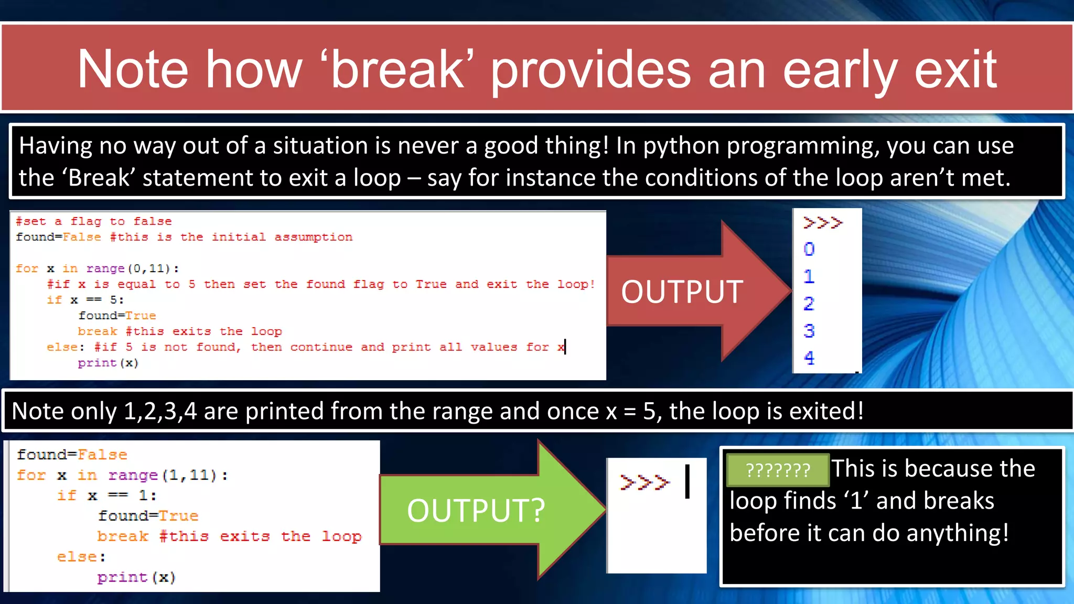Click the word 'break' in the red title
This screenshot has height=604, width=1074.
pos(397,70)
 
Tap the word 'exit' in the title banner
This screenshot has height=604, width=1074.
pos(955,70)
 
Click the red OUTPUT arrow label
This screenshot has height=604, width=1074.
pos(682,292)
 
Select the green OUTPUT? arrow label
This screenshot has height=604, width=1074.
pos(476,511)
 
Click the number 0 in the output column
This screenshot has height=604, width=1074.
pos(809,249)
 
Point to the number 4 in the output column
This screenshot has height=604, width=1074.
pos(809,358)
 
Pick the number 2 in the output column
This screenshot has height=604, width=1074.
pos(809,304)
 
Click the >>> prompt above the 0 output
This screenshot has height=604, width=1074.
pos(822,223)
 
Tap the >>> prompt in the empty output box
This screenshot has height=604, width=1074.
pos(645,482)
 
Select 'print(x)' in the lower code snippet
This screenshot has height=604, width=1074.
pos(136,577)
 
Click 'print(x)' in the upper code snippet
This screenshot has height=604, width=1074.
pos(108,363)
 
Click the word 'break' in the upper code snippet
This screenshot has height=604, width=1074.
pos(98,331)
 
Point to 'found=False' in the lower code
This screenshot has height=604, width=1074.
pos(72,455)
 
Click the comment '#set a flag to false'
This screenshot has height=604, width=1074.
pos(93,221)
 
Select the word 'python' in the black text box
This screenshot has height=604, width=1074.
pos(681,146)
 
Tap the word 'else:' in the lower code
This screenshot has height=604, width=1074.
pos(81,557)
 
